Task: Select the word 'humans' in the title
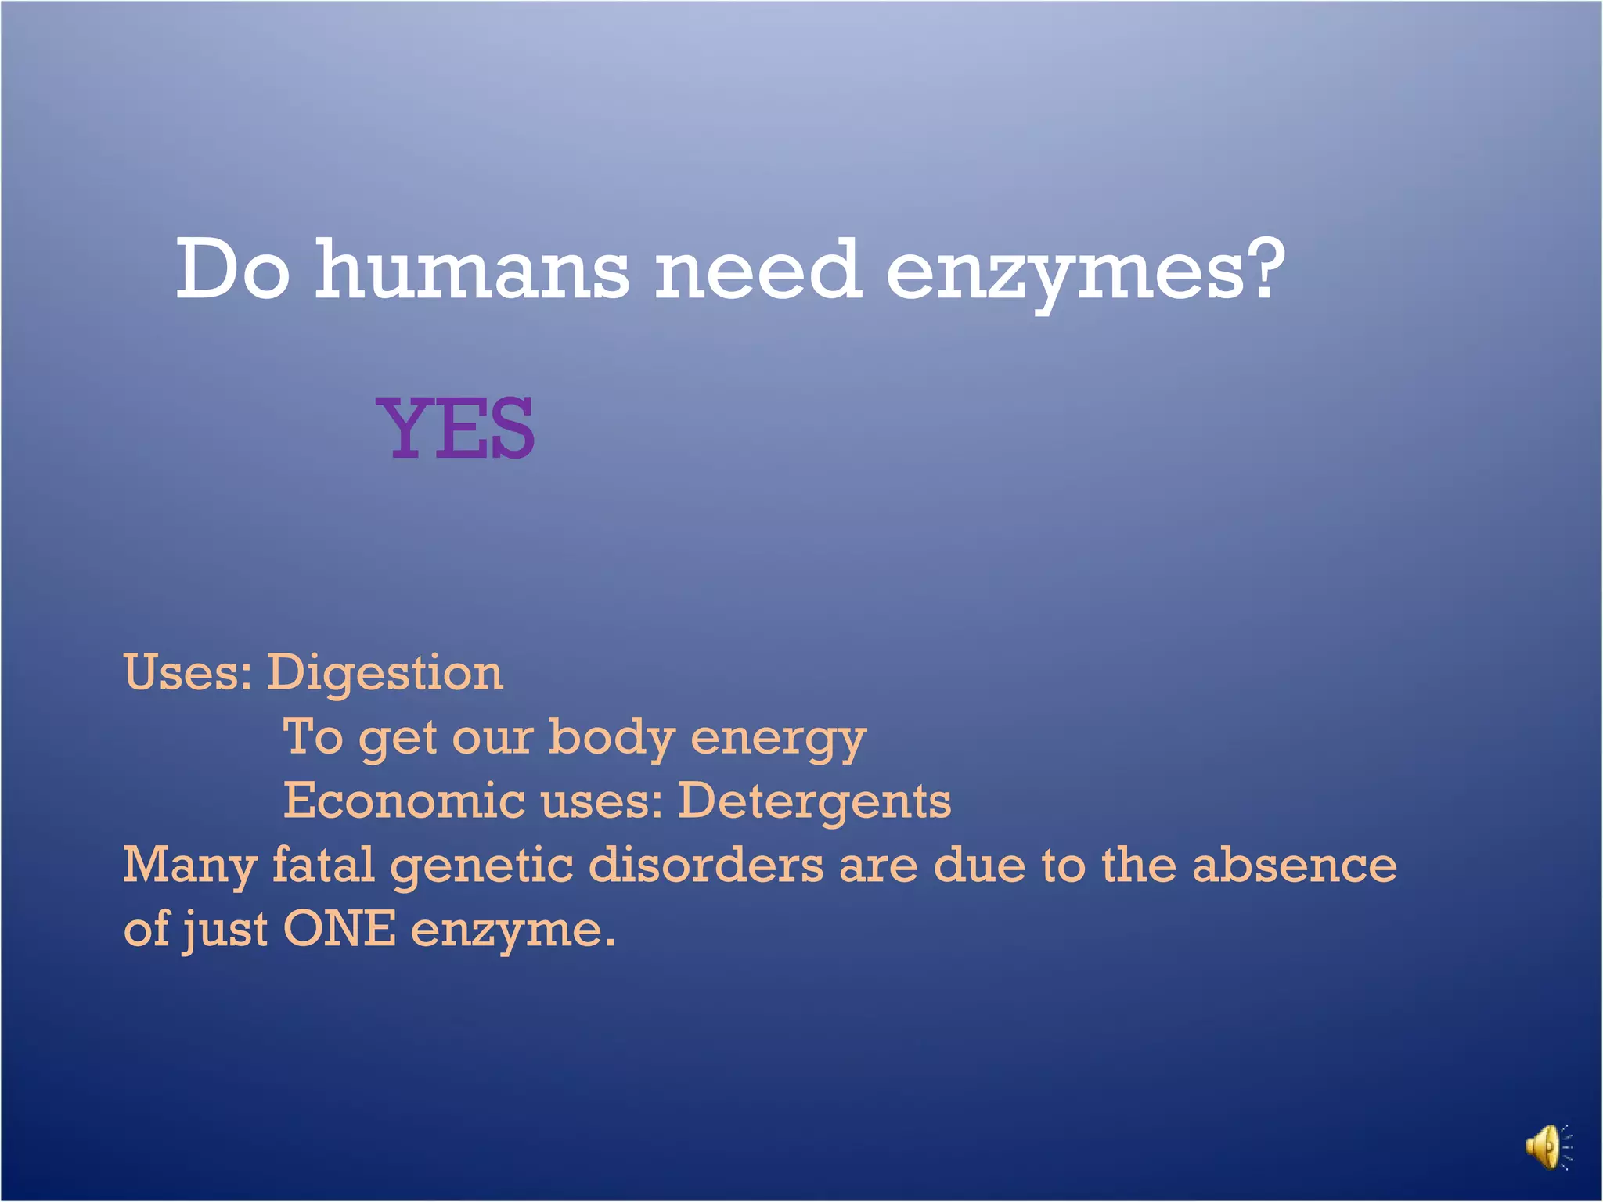[x=471, y=269]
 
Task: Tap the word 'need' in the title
[x=758, y=269]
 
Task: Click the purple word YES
[x=456, y=428]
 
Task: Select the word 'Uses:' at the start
[x=188, y=672]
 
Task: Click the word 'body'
[x=611, y=737]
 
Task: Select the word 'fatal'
[x=323, y=865]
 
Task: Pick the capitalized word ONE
[x=339, y=929]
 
